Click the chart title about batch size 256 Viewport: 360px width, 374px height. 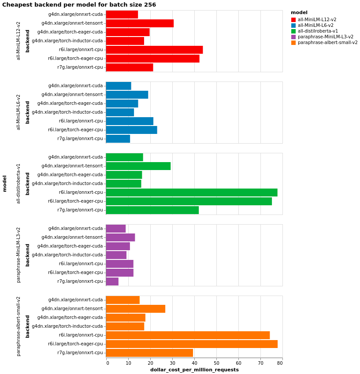[x=79, y=5]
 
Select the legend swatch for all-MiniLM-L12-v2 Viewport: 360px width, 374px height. [x=293, y=20]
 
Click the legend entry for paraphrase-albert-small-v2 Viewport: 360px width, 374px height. [x=327, y=43]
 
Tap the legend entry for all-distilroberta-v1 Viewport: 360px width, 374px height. [x=318, y=31]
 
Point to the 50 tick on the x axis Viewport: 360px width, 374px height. [x=216, y=363]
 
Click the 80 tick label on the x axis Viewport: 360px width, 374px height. [x=280, y=363]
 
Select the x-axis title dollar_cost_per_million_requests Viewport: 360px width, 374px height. [x=194, y=370]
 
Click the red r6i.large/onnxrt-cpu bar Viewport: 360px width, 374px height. [x=154, y=50]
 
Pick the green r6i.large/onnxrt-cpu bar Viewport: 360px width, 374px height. [x=192, y=193]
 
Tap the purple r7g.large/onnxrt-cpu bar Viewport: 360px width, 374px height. [x=112, y=281]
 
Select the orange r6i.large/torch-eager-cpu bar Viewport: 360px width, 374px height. [x=192, y=344]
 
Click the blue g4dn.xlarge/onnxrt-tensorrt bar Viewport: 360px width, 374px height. [x=127, y=95]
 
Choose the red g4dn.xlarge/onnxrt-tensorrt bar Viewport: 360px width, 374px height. [x=140, y=23]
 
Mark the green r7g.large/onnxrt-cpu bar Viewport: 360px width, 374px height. [x=152, y=210]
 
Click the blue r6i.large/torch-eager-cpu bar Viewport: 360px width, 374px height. [x=131, y=130]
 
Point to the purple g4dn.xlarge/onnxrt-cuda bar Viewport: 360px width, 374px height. [x=116, y=229]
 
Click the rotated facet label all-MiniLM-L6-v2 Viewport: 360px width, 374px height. [x=19, y=112]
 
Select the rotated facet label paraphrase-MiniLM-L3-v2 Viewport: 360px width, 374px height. [x=19, y=255]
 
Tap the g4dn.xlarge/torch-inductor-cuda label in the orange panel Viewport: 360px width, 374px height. [x=67, y=326]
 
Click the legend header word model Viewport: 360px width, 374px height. [x=299, y=13]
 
